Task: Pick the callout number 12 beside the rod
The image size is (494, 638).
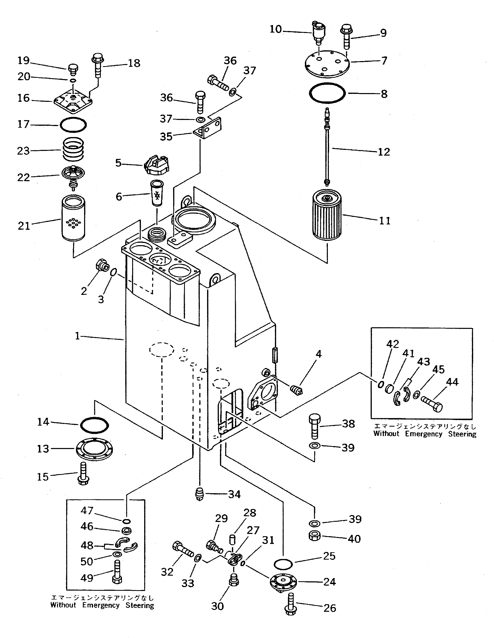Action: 384,152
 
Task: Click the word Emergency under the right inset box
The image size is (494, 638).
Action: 423,434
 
